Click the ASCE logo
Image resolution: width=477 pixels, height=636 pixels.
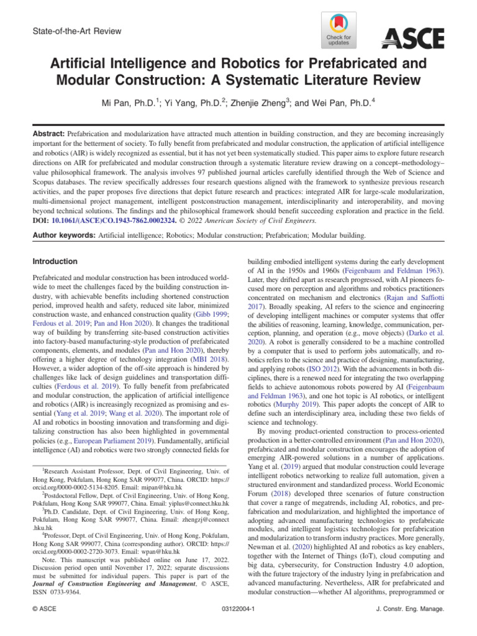pyautogui.click(x=412, y=39)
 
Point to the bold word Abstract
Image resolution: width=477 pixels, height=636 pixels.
pyautogui.click(x=47, y=134)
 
